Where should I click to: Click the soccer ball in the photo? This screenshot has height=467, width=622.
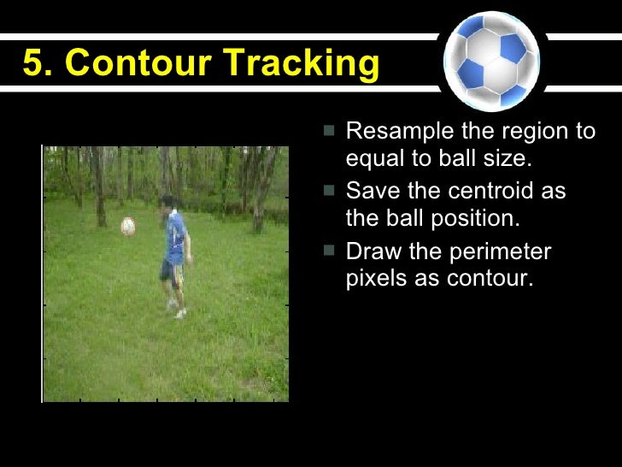point(128,226)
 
